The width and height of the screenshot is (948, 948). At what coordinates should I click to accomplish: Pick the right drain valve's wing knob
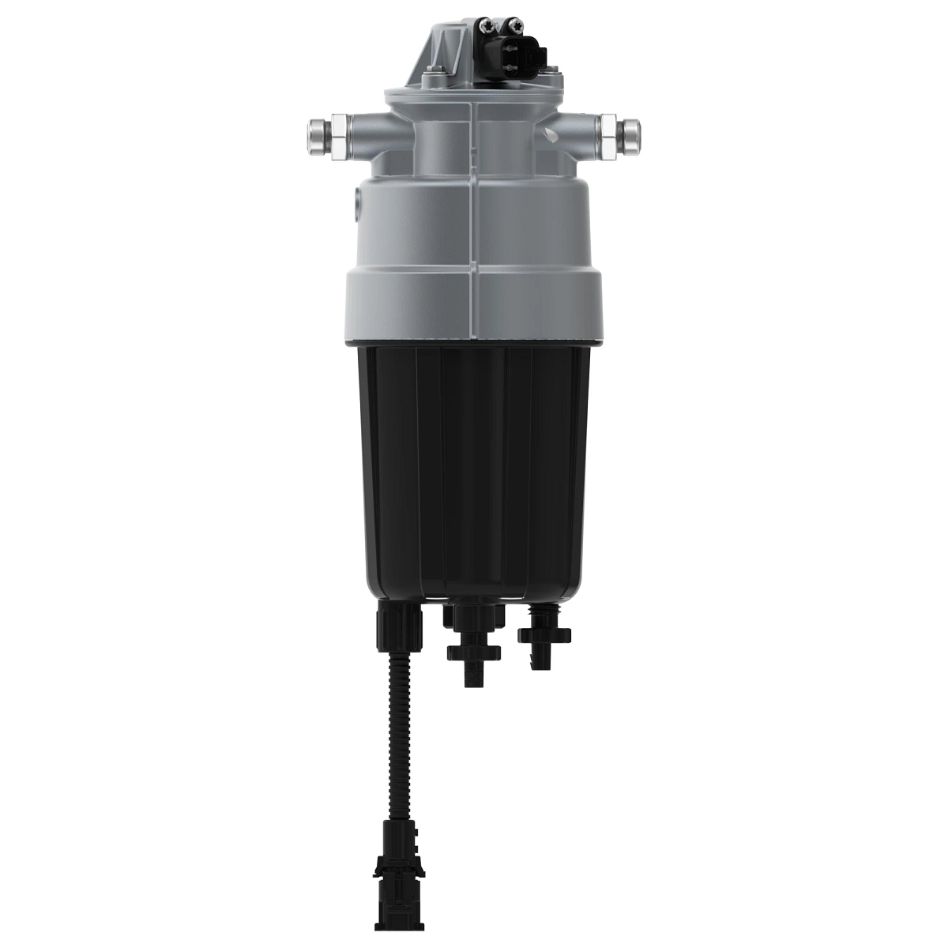(544, 633)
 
